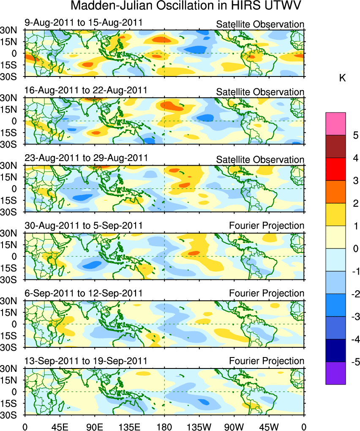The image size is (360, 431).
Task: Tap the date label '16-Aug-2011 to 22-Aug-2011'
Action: pyautogui.click(x=86, y=90)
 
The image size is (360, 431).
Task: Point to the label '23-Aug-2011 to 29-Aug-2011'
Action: pyautogui.click(x=86, y=158)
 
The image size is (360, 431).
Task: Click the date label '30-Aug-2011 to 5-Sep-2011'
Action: pyautogui.click(x=84, y=226)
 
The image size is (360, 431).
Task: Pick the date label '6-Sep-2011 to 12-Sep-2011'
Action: pyautogui.click(x=84, y=293)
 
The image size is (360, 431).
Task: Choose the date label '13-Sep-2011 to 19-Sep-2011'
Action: pyautogui.click(x=86, y=361)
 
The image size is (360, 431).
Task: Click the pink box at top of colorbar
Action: pyautogui.click(x=335, y=124)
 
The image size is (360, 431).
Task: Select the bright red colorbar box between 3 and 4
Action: pyautogui.click(x=335, y=169)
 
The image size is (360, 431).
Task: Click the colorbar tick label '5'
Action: pyautogui.click(x=355, y=135)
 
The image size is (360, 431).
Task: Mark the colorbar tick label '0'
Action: pyautogui.click(x=355, y=248)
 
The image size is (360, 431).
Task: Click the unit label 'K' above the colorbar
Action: pyautogui.click(x=343, y=78)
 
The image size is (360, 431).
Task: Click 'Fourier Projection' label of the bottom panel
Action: pyautogui.click(x=267, y=361)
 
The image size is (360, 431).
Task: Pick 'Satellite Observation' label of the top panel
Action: pyautogui.click(x=260, y=24)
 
